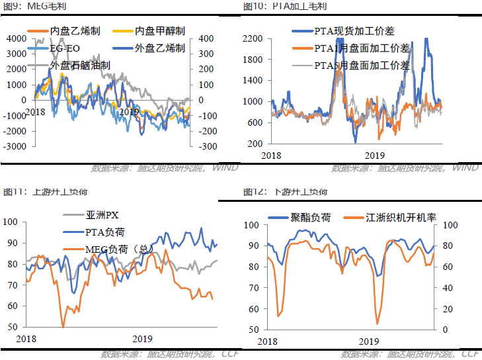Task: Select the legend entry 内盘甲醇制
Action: click(159, 31)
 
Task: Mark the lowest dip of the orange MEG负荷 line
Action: click(63, 326)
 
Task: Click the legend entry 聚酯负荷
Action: click(310, 217)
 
